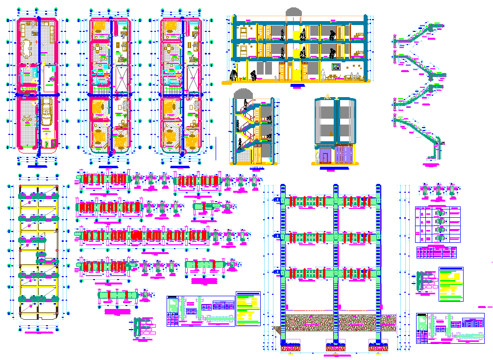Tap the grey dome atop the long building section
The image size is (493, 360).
tap(294, 12)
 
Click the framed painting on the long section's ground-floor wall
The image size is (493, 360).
tap(337, 67)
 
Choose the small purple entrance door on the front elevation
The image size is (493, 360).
tap(325, 156)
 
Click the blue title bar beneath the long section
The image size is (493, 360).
tap(296, 85)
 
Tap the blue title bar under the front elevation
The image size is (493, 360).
tap(334, 168)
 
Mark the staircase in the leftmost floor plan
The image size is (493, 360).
tap(27, 87)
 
